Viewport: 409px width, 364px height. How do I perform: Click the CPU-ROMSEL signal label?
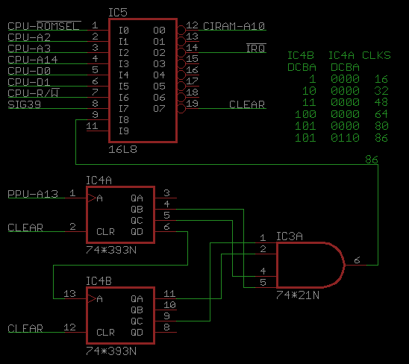(x=44, y=25)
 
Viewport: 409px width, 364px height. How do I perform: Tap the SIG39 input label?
(x=25, y=104)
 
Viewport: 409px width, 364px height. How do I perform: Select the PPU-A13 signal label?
(x=33, y=194)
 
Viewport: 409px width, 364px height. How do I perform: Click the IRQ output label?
(x=256, y=48)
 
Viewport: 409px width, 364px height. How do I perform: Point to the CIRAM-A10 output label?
(x=234, y=26)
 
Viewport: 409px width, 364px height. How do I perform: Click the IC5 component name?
(x=118, y=13)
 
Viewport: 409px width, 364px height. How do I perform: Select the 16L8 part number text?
(x=122, y=149)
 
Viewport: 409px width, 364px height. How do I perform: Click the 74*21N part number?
(x=298, y=295)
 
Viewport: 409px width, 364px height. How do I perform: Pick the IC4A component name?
(x=99, y=181)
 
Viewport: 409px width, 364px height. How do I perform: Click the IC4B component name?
(x=99, y=281)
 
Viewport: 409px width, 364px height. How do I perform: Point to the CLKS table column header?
(x=376, y=55)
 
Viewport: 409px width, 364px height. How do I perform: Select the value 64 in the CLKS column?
(x=381, y=114)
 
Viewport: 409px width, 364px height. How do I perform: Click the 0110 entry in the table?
(x=345, y=137)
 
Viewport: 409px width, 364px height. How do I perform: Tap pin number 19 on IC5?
(x=193, y=104)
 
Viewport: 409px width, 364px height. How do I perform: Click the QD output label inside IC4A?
(x=137, y=231)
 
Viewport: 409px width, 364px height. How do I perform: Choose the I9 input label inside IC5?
(x=124, y=131)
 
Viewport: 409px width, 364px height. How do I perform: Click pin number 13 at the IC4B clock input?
(x=69, y=294)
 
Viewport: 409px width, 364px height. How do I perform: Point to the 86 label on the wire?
(x=372, y=160)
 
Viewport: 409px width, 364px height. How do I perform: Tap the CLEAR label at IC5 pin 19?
(x=247, y=104)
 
